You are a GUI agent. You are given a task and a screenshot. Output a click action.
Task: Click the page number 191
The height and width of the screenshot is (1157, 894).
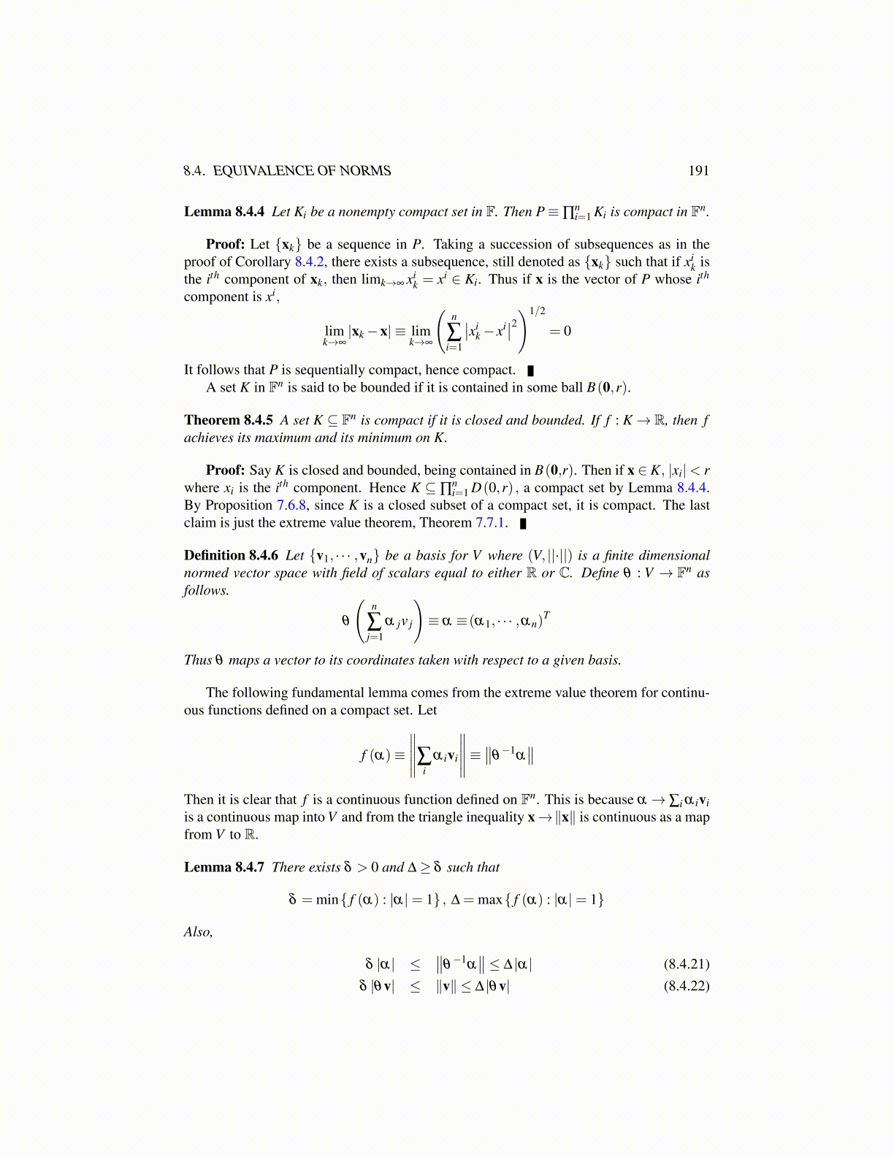click(x=698, y=171)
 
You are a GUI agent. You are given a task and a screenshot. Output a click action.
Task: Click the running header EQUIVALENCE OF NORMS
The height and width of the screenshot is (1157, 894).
click(x=302, y=171)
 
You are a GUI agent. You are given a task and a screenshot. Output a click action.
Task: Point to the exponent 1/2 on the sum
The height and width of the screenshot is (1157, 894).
click(x=537, y=311)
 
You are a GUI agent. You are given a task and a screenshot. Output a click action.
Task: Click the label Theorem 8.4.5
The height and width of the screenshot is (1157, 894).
click(x=228, y=420)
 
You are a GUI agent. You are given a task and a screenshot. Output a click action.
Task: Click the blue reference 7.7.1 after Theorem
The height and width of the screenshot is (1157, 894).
click(x=491, y=523)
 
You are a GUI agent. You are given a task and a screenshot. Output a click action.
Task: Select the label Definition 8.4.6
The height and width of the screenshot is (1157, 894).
click(x=231, y=555)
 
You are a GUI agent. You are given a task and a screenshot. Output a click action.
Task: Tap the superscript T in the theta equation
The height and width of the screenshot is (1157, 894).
click(x=546, y=615)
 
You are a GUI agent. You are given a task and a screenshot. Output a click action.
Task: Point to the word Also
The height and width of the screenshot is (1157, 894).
click(x=198, y=932)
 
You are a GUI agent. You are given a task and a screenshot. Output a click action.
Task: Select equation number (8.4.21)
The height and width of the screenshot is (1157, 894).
click(x=686, y=964)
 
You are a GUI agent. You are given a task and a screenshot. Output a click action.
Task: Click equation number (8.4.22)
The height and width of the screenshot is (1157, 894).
click(x=686, y=986)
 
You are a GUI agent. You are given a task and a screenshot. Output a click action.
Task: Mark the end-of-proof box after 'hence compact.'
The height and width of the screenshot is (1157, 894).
click(x=531, y=371)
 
